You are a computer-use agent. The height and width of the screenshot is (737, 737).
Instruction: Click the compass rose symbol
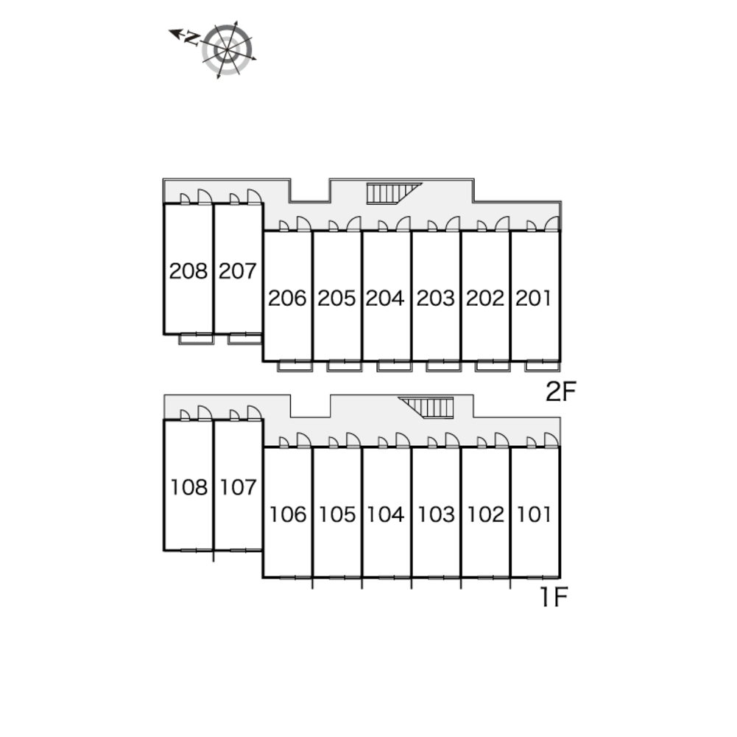(228, 49)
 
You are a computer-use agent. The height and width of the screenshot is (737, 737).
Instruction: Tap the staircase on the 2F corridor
(391, 192)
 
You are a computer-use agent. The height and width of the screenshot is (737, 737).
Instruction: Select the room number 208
(188, 271)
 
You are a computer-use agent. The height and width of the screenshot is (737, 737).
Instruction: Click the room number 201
(534, 298)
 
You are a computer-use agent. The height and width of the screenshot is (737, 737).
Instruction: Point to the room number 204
(386, 298)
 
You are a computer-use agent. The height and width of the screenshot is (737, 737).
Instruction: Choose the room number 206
(287, 298)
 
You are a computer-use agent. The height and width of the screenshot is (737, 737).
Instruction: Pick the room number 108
(188, 487)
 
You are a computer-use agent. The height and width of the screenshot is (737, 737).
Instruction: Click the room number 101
(534, 514)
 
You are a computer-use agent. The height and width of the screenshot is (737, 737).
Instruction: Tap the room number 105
(336, 514)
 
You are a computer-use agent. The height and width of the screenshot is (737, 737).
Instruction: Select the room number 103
(436, 514)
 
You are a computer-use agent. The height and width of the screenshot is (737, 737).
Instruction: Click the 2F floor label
(560, 392)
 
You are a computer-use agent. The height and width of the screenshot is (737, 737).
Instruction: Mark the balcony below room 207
(244, 339)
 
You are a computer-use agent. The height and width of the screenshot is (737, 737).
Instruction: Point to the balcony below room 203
(443, 366)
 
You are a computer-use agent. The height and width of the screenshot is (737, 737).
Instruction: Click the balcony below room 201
(543, 366)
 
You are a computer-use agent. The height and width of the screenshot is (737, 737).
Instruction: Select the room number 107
(238, 487)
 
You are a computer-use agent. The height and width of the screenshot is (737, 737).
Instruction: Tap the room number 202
(485, 298)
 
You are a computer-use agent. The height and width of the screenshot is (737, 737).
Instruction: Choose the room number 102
(485, 514)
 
